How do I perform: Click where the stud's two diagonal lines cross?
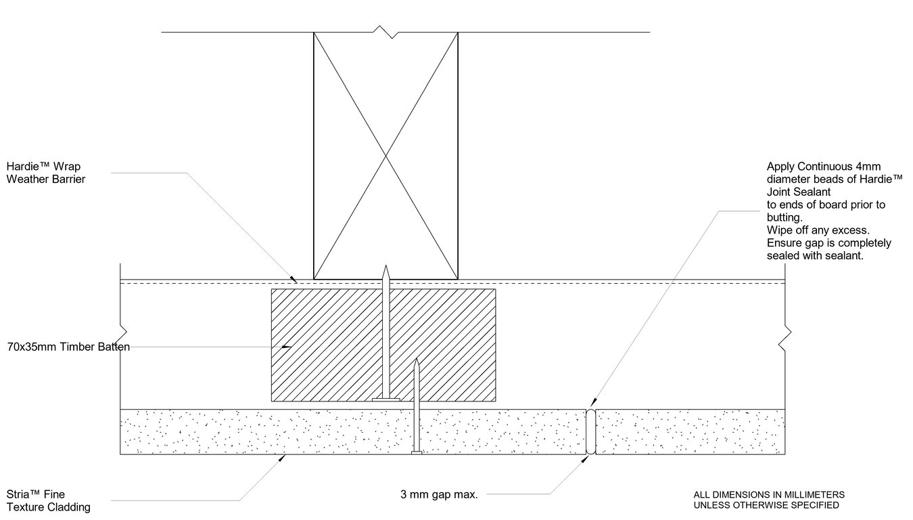pos(385,156)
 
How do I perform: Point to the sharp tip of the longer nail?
pos(385,265)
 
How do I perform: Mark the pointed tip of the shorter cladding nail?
pos(416,359)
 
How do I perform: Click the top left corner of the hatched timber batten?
pos(271,289)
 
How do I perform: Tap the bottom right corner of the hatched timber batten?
pos(496,402)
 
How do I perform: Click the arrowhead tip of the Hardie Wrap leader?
pos(297,282)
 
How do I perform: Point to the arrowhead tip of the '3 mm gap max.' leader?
pos(588,456)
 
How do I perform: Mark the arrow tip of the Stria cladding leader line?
pos(285,456)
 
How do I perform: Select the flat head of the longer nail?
pos(385,399)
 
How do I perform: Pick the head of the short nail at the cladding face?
pos(416,452)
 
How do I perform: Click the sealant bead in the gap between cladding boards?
pos(590,432)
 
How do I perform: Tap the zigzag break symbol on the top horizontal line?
pos(386,32)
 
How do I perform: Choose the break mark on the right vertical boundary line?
pos(785,339)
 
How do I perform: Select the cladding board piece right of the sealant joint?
pos(690,432)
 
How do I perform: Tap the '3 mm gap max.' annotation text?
pos(439,495)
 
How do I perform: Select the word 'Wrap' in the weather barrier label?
pos(66,167)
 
